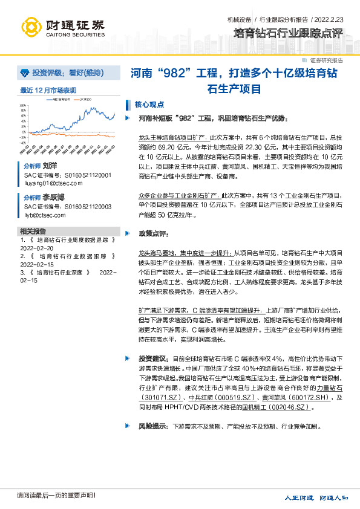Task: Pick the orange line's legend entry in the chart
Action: click(84, 99)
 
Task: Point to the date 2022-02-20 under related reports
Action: click(36, 248)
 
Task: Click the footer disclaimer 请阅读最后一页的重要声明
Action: click(56, 496)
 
